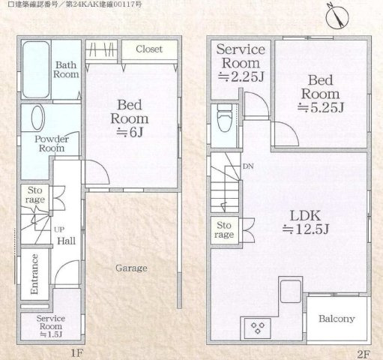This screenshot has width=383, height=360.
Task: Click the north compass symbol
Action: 337,16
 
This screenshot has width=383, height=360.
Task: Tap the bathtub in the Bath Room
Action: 36,70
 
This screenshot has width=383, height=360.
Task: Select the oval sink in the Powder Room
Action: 38,118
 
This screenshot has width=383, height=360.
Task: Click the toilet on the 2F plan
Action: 224,118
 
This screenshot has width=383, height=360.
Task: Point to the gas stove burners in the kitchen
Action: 258,328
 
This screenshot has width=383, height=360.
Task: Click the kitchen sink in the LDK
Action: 290,291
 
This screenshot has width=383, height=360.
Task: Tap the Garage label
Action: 131,268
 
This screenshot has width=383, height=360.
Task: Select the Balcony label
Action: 337,319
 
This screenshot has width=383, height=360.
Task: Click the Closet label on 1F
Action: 149,49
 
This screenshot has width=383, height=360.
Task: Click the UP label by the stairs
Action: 59,229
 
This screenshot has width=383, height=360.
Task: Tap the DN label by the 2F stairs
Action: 248,166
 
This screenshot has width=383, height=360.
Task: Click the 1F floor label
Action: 76,353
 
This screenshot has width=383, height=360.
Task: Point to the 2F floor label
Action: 364,354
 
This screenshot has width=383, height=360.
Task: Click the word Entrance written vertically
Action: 34,274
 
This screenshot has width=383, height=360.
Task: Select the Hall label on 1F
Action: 66,241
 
